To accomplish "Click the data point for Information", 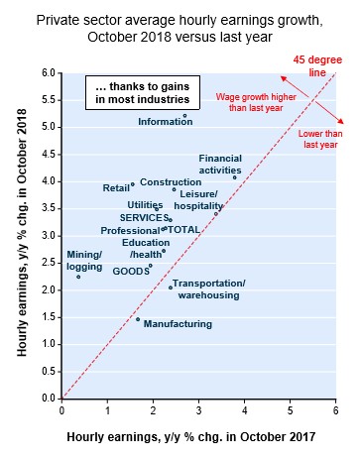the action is click(x=184, y=116).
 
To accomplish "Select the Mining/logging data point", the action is click(x=78, y=277).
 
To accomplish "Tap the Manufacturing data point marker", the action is click(x=138, y=319).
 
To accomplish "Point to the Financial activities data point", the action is click(x=235, y=177).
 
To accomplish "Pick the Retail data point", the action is click(x=133, y=184).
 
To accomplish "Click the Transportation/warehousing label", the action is click(x=209, y=289).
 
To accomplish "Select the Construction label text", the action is click(x=171, y=182).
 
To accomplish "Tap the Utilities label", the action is click(x=145, y=205).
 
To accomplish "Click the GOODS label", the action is click(x=131, y=272).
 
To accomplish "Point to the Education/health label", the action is click(x=146, y=249).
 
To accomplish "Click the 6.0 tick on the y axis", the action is click(x=48, y=72).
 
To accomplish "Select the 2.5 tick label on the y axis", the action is click(x=48, y=263).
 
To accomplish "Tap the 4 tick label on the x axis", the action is click(x=244, y=410).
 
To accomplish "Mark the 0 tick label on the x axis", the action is click(x=61, y=410).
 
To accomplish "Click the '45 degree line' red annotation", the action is click(x=317, y=66).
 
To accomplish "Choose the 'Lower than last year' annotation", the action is click(x=320, y=139).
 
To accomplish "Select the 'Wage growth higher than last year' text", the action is click(x=256, y=102).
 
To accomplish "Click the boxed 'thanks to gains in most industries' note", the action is click(x=143, y=93).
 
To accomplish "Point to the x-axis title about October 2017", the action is click(x=191, y=437).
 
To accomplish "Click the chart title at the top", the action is click(x=180, y=29).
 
